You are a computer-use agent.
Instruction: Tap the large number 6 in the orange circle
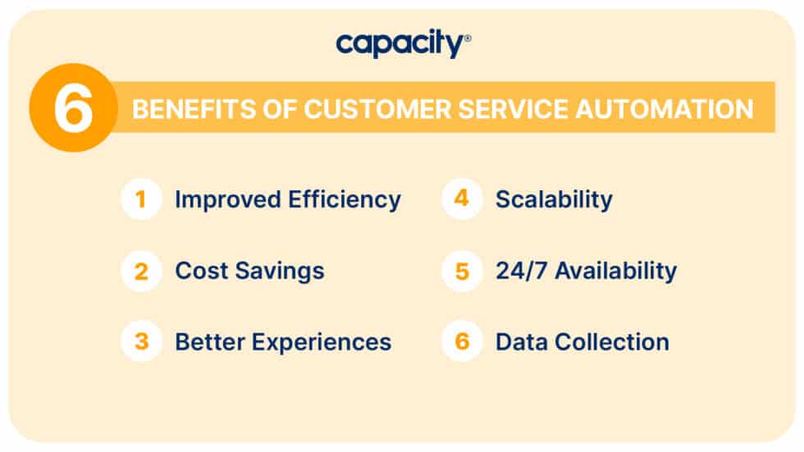point(73,107)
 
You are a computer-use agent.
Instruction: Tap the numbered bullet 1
point(141,199)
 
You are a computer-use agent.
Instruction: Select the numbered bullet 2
point(141,271)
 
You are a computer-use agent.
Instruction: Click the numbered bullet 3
point(141,341)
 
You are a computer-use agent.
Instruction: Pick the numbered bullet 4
point(462,199)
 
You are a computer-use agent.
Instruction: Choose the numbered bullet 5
point(462,271)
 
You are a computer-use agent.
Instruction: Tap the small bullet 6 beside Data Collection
point(462,341)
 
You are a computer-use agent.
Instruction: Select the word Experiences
point(327,342)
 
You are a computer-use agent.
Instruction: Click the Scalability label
point(554,199)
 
